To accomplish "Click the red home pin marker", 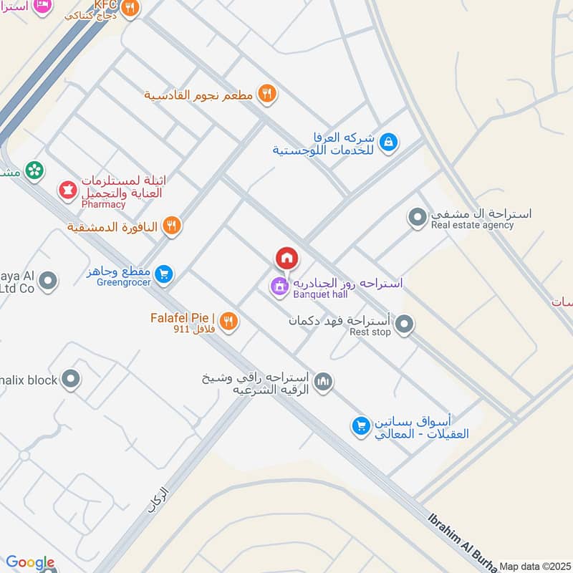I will coord(286,258).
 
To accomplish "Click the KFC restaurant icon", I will coord(130,9).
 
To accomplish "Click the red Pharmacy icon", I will coord(68,192).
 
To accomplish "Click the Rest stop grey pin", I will coord(405,326).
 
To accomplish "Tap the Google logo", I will coord(30,562).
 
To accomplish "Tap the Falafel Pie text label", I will coord(183,317).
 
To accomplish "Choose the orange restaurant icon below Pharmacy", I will coord(171,226).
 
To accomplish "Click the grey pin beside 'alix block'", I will coord(70,380).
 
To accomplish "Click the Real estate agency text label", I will coord(472,225).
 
